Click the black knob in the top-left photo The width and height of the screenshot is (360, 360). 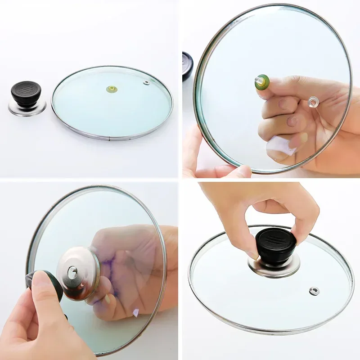pyautogui.click(x=26, y=94)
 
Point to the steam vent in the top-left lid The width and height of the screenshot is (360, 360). pyautogui.click(x=147, y=82)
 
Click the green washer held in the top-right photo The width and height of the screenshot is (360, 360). pyautogui.click(x=262, y=82)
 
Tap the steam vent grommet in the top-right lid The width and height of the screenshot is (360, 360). pyautogui.click(x=313, y=102)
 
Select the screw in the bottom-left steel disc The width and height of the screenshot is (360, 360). pyautogui.click(x=72, y=271)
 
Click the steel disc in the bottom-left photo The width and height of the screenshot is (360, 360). pyautogui.click(x=79, y=272)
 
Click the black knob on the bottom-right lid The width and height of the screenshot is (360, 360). pyautogui.click(x=275, y=246)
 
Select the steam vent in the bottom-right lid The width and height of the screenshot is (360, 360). pyautogui.click(x=313, y=290)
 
